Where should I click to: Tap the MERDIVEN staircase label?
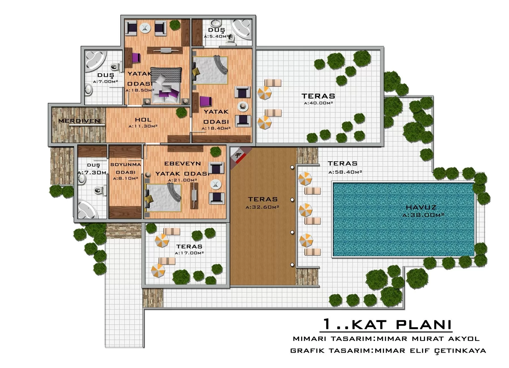click(79, 121)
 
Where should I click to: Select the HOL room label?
click(143, 120)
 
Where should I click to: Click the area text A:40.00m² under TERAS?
click(318, 103)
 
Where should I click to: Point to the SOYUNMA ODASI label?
click(126, 168)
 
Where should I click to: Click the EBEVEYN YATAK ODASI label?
click(182, 169)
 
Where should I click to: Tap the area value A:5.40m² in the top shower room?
click(216, 36)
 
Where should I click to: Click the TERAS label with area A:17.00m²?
click(189, 247)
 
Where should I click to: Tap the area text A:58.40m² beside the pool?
click(345, 172)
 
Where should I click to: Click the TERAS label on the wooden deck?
click(263, 199)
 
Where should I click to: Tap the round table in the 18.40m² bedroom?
click(243, 106)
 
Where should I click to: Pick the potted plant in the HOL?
click(182, 112)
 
